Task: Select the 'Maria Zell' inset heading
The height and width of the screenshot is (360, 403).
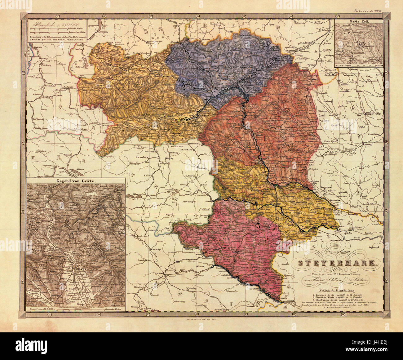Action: [x=360, y=22]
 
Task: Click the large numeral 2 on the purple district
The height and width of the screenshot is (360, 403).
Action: [x=184, y=87]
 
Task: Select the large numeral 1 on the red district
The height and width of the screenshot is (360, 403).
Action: [x=265, y=138]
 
